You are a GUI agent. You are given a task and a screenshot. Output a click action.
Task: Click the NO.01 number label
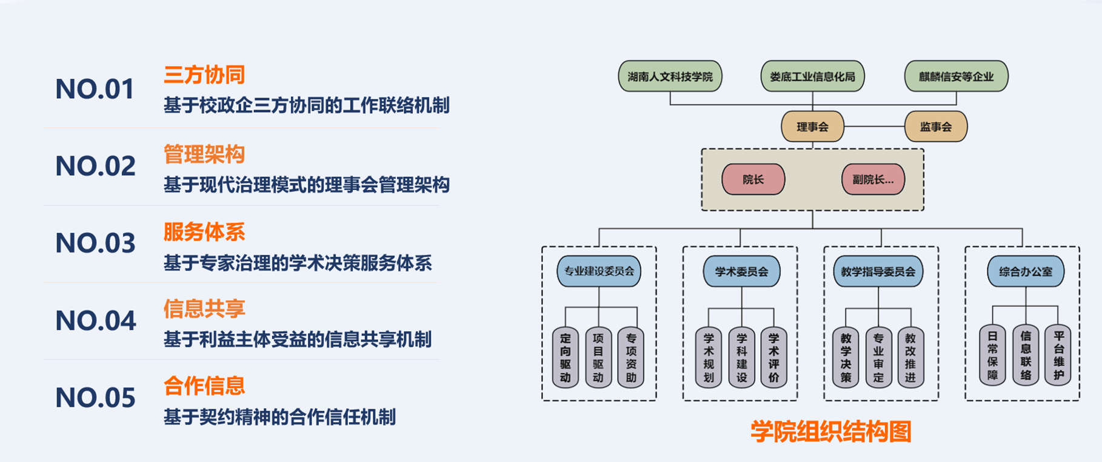tap(95, 89)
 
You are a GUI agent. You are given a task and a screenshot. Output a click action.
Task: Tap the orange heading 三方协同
tap(204, 74)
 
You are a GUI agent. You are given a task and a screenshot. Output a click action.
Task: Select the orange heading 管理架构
tap(204, 154)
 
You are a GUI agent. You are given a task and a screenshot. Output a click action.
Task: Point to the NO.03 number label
tap(95, 243)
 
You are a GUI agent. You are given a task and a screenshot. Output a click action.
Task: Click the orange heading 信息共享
tap(204, 309)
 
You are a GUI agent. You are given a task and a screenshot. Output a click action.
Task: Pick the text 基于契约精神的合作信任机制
tap(279, 417)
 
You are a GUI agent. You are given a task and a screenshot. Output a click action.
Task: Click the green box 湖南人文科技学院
tap(670, 77)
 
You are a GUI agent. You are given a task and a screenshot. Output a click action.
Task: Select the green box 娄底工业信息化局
tap(812, 77)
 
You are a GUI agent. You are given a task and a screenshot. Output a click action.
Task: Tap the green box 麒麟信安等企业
tap(956, 77)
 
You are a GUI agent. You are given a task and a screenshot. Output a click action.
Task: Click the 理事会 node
tap(812, 127)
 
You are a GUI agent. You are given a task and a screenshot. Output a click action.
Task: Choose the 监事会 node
tap(935, 127)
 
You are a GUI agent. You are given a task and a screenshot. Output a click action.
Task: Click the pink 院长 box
tap(753, 179)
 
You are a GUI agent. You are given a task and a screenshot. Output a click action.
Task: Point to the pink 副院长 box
tap(873, 179)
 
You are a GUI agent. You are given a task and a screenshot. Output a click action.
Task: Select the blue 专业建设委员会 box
tap(599, 271)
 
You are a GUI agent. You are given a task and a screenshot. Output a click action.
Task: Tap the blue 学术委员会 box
tap(741, 271)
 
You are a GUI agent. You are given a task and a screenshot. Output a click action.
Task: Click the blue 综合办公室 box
tap(1026, 271)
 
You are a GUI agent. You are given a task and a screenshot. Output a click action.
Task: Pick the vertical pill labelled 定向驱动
tap(566, 357)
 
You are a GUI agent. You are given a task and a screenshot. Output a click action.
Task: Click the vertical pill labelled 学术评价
tap(773, 357)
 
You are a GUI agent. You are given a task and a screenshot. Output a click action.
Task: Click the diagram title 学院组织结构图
tap(830, 432)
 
